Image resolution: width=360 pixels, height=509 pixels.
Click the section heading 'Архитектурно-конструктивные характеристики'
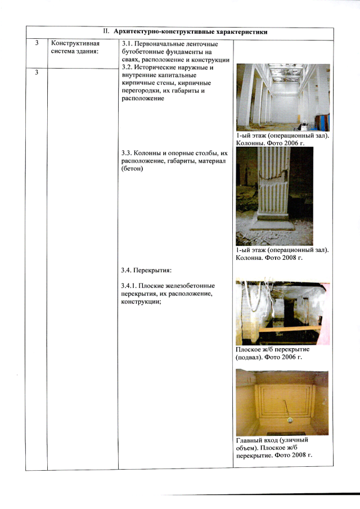[x=191, y=32]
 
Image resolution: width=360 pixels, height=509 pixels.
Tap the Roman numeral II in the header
[x=106, y=31]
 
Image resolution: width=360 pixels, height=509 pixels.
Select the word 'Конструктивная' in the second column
[x=75, y=43]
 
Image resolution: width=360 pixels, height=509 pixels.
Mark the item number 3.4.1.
[x=129, y=286]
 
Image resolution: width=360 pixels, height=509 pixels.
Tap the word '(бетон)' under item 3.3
[x=132, y=169]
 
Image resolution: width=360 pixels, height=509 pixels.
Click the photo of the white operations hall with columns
[x=283, y=97]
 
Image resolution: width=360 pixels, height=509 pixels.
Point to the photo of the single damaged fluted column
[x=274, y=196]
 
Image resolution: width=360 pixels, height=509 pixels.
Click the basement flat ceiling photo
[x=283, y=312]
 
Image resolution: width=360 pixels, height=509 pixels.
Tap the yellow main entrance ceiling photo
[x=282, y=402]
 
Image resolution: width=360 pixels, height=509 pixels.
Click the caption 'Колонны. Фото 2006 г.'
[x=270, y=143]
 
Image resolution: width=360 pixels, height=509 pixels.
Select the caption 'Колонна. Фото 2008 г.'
[x=269, y=258]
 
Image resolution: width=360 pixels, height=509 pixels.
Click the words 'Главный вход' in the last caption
[x=256, y=440]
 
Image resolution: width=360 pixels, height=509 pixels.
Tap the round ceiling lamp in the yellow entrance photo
[x=290, y=420]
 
